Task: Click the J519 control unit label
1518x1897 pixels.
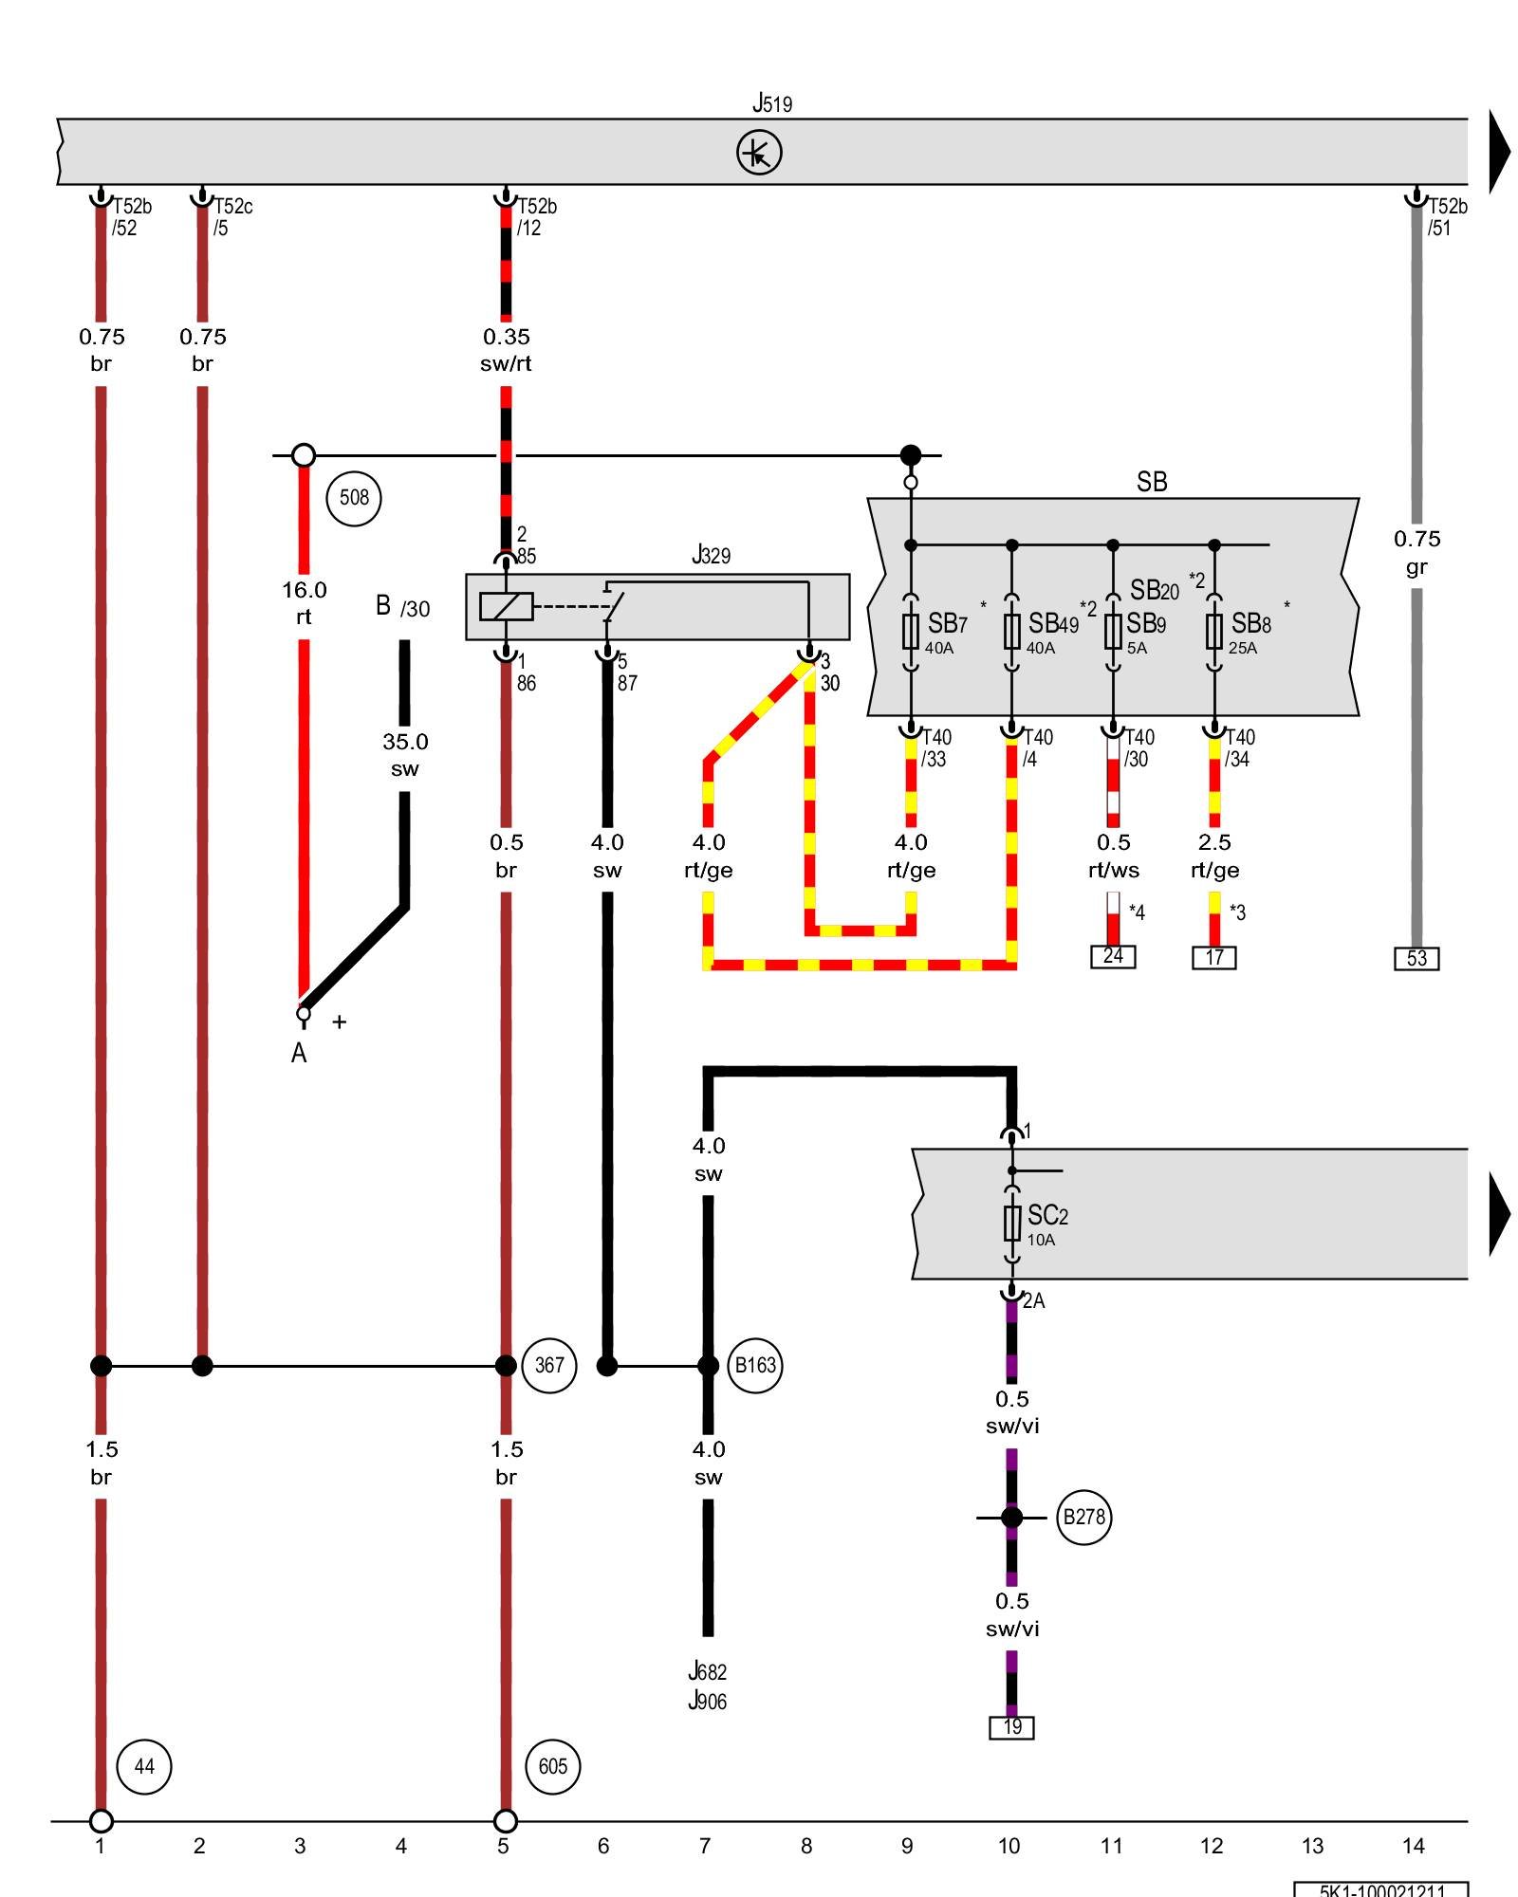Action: coord(771,102)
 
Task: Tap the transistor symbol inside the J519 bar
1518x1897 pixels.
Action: coord(759,153)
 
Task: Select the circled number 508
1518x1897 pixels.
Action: coord(354,497)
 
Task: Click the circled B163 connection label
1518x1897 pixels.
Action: coord(755,1365)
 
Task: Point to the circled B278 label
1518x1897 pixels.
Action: coord(1083,1517)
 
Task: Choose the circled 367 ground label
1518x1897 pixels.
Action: coord(549,1365)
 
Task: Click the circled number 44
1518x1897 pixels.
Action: coord(144,1766)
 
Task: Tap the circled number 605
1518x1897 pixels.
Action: coord(552,1766)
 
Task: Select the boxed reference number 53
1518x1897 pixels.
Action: coord(1416,958)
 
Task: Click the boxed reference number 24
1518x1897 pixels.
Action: coord(1113,956)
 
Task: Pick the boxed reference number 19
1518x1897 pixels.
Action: coord(1012,1727)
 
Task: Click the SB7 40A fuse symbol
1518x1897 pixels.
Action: coord(911,631)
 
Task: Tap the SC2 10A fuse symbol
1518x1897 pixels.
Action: coord(1012,1224)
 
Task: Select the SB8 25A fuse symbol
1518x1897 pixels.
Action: coord(1214,631)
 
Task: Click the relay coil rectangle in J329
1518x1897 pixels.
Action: coord(506,606)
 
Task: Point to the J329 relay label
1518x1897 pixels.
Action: coord(711,555)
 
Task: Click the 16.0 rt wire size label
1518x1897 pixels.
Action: coord(304,602)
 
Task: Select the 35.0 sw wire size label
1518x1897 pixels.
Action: coord(405,754)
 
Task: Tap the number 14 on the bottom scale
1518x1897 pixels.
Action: coord(1413,1846)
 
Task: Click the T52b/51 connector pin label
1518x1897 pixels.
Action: coord(1446,216)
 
